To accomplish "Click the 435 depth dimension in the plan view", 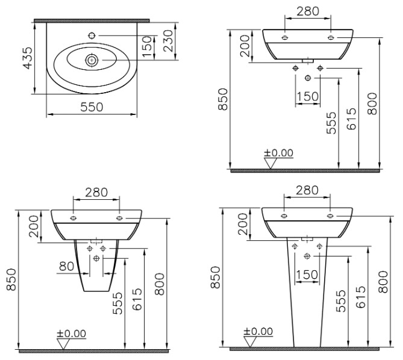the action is point(28,58).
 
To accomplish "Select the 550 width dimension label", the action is point(92,107).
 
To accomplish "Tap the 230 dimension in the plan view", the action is point(168,41).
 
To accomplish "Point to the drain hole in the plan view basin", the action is point(91,60).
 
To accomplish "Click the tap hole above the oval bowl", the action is point(92,36).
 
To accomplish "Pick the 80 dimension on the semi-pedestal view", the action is point(67,266).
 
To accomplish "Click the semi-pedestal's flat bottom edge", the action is point(96,291).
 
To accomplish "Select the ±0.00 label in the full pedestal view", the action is point(258,331).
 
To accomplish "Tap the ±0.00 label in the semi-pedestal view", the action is point(72,334).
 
